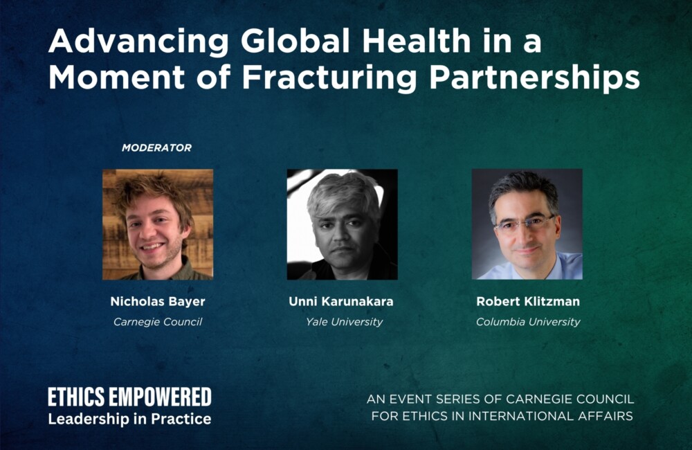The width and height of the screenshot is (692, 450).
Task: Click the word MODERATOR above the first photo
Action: pyautogui.click(x=156, y=148)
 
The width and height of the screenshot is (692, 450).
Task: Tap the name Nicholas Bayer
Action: pyautogui.click(x=158, y=302)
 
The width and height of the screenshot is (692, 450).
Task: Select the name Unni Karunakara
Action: pyautogui.click(x=340, y=302)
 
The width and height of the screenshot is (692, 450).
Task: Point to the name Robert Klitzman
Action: pyautogui.click(x=528, y=302)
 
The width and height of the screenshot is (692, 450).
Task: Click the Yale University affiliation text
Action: pyautogui.click(x=344, y=322)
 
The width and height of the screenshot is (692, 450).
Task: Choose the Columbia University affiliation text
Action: pyautogui.click(x=528, y=322)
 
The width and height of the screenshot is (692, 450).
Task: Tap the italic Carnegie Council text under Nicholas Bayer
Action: pyautogui.click(x=158, y=322)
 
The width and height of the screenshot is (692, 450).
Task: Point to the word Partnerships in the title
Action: pyautogui.click(x=534, y=78)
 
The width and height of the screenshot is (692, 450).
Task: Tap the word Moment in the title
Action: pyautogui.click(x=116, y=78)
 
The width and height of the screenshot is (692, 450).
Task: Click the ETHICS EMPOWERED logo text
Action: pyautogui.click(x=130, y=397)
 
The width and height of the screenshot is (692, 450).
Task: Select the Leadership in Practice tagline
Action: pyautogui.click(x=130, y=419)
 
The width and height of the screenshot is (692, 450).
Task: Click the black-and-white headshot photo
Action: pyautogui.click(x=343, y=224)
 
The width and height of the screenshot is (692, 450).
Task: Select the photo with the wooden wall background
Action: pyautogui.click(x=158, y=224)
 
